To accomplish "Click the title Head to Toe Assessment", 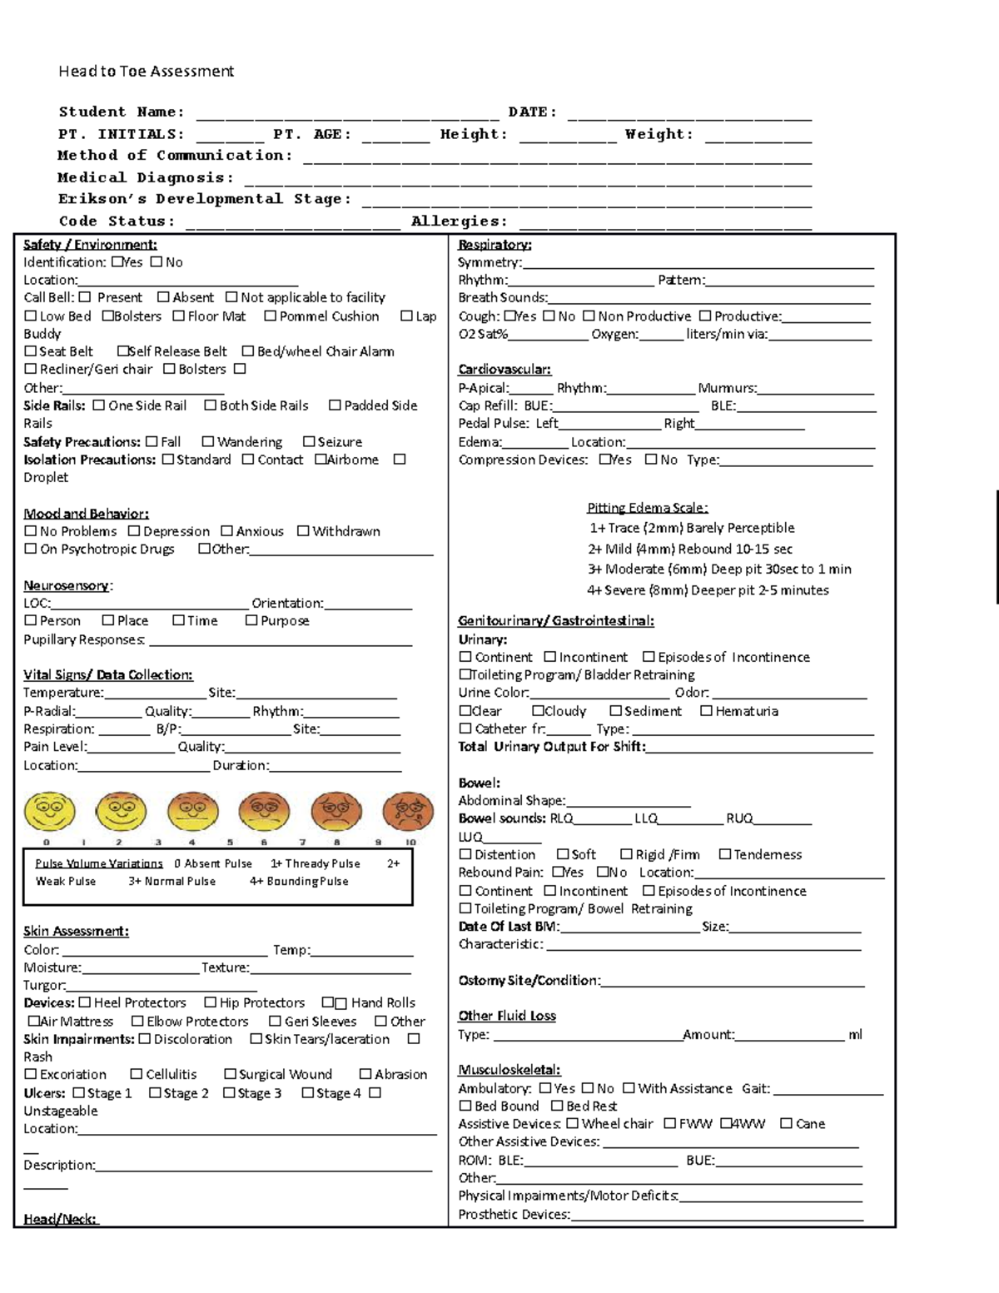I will [146, 72].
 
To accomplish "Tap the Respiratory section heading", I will [495, 245].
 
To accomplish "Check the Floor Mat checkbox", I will [178, 316].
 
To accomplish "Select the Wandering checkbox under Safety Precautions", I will [208, 442].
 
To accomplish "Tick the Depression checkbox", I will [134, 531].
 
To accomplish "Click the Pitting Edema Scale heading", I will [647, 508].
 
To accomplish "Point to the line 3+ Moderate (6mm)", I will [719, 569].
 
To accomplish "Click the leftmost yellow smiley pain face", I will [50, 812].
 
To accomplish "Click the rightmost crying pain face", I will [408, 812].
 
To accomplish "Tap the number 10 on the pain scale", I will [410, 843].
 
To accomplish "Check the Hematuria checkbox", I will [706, 711].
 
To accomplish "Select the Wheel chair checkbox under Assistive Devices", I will [573, 1124].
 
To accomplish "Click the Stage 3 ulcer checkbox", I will [229, 1093].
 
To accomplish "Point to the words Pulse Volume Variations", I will [99, 864].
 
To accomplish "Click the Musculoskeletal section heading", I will [509, 1070].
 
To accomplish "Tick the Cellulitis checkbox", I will [137, 1075].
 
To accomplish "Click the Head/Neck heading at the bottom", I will [60, 1219].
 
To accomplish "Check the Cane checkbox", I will [786, 1124].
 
